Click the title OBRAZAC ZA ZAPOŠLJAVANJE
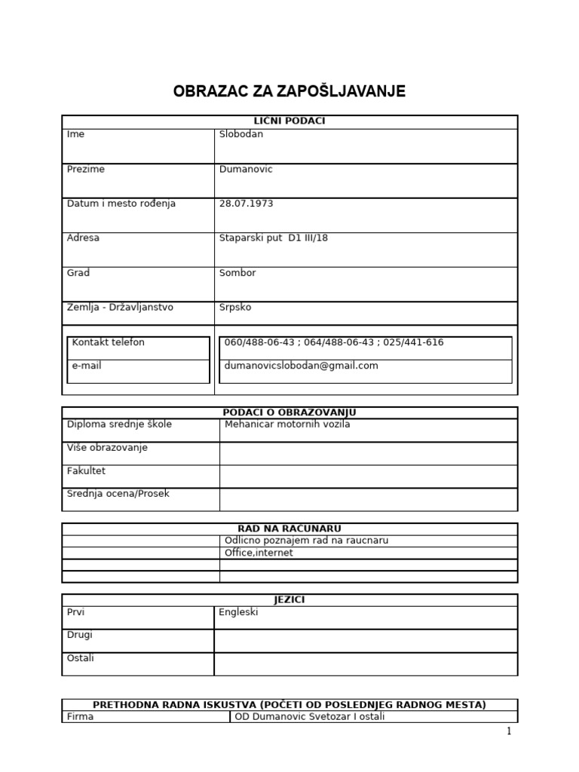point(289,92)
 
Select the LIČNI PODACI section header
point(289,121)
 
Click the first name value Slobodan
point(241,134)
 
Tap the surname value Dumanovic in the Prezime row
point(246,170)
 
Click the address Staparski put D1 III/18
point(274,238)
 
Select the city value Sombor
point(237,273)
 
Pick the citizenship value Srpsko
point(235,308)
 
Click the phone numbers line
point(334,342)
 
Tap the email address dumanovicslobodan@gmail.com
point(302,366)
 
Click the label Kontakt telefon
point(109,342)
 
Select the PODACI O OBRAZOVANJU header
point(289,412)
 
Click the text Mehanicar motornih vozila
point(288,424)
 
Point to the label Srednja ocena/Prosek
point(118,494)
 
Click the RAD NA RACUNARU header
point(289,528)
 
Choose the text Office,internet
point(259,553)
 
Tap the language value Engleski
point(238,612)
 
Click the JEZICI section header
point(289,599)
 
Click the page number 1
point(509,731)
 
